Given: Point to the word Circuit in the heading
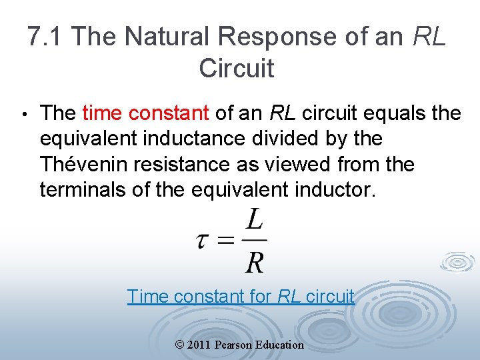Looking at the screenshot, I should coord(236,68).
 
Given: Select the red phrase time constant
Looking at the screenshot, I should coord(145,113).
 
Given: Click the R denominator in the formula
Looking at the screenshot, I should coord(254,262).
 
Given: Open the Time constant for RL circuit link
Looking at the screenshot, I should coord(241,296).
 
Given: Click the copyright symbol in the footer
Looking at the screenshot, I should coord(180,345).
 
